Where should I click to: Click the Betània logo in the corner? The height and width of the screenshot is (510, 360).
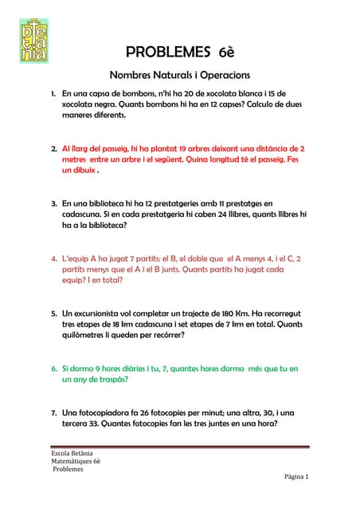pyautogui.click(x=32, y=40)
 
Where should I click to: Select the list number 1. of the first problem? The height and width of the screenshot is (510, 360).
pyautogui.click(x=54, y=94)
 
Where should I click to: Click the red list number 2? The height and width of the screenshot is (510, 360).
pyautogui.click(x=54, y=149)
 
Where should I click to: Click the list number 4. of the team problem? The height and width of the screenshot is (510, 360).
pyautogui.click(x=54, y=259)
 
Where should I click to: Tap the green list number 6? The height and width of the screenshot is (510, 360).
pyautogui.click(x=54, y=369)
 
